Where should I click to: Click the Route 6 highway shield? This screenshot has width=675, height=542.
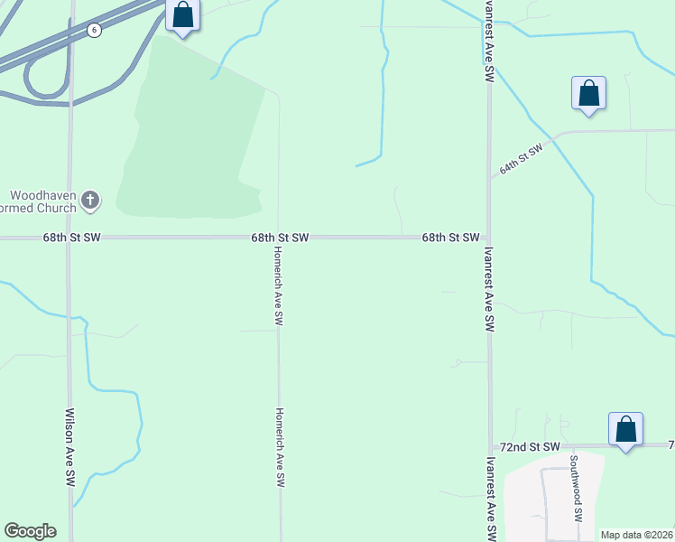point(94,31)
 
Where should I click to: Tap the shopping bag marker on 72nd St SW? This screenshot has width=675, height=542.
point(625,430)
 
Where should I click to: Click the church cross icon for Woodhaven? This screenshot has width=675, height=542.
point(90,200)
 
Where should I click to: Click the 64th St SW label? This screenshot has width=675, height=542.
point(522,159)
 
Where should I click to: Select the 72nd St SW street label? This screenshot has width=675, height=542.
point(530,447)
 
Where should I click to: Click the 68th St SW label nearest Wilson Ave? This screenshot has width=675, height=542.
point(70,238)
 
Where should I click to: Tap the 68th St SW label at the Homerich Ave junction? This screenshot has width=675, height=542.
point(280,238)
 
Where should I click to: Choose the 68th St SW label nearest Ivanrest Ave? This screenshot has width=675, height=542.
point(449,238)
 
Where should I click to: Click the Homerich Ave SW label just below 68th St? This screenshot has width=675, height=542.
point(279,287)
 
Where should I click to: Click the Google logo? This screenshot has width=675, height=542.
point(30,531)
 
